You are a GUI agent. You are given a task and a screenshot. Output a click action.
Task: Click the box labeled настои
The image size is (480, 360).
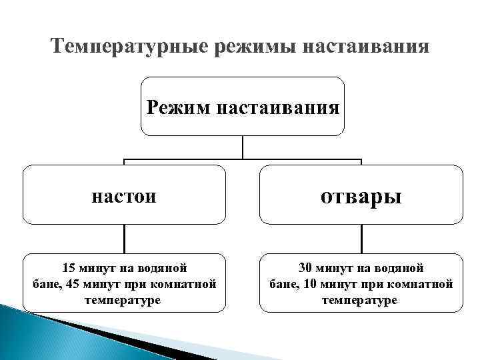[x=124, y=195]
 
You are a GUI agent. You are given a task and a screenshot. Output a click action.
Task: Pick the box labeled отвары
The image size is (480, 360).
[x=361, y=195]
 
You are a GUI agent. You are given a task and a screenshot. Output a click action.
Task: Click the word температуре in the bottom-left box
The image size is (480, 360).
[x=123, y=300]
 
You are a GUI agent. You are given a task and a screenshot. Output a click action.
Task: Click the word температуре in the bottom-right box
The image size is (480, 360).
[x=360, y=300]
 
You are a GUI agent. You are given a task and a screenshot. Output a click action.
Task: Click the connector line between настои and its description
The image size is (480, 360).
[x=124, y=239]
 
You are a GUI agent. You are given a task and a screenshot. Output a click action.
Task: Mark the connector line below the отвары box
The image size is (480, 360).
[x=361, y=239]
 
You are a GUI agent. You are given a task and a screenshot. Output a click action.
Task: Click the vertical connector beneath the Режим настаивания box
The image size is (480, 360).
[x=243, y=147]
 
